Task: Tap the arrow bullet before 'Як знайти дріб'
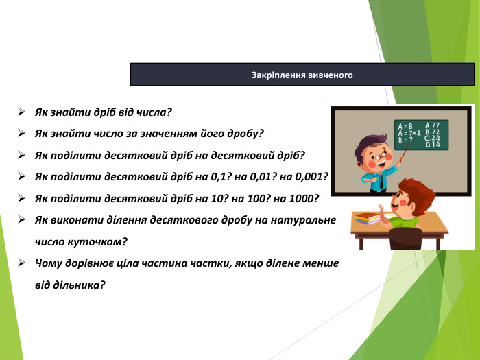(x=22, y=111)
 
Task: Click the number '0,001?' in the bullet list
(x=312, y=176)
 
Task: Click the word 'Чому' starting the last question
(x=49, y=263)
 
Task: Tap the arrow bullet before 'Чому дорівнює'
(x=22, y=263)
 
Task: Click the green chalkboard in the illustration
(x=421, y=134)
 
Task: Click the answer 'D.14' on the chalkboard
(x=433, y=145)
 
